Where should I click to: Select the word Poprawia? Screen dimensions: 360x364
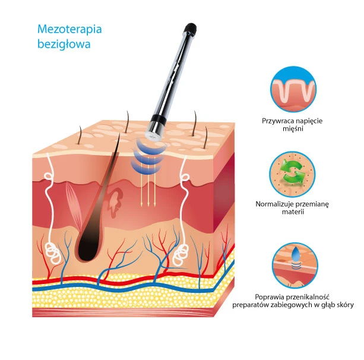(269, 296)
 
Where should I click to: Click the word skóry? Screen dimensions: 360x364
(344, 305)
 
